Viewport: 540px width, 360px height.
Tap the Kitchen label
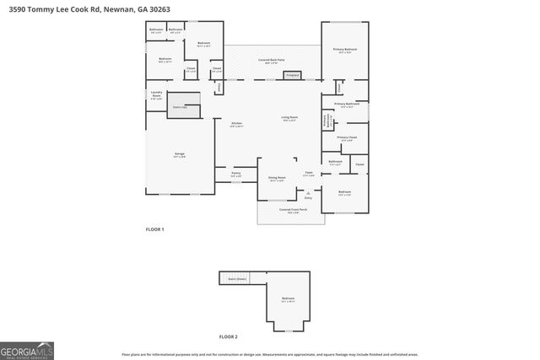point(236,124)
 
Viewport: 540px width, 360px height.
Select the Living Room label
point(290,118)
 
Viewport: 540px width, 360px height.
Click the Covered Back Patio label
point(270,61)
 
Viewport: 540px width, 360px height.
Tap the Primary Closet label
point(347,138)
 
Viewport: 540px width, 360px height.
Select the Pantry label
point(236,174)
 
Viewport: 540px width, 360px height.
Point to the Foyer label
point(309,174)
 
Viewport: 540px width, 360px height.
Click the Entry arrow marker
point(308,193)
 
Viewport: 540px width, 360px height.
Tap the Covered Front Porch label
point(292,211)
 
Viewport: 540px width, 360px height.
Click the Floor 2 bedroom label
point(288,299)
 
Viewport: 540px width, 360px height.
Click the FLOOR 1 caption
point(154,229)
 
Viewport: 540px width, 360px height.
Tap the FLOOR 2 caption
point(228,336)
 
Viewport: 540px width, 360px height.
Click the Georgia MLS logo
point(27,350)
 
